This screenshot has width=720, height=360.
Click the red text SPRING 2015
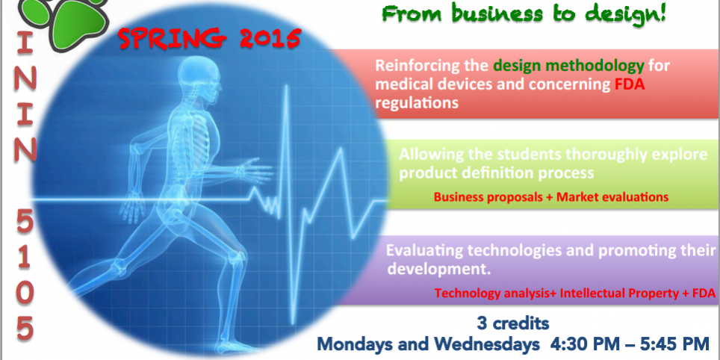tap(210, 39)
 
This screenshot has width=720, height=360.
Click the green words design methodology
tap(569, 66)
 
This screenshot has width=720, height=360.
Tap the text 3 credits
tap(512, 323)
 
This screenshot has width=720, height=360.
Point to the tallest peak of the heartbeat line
tap(287, 87)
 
